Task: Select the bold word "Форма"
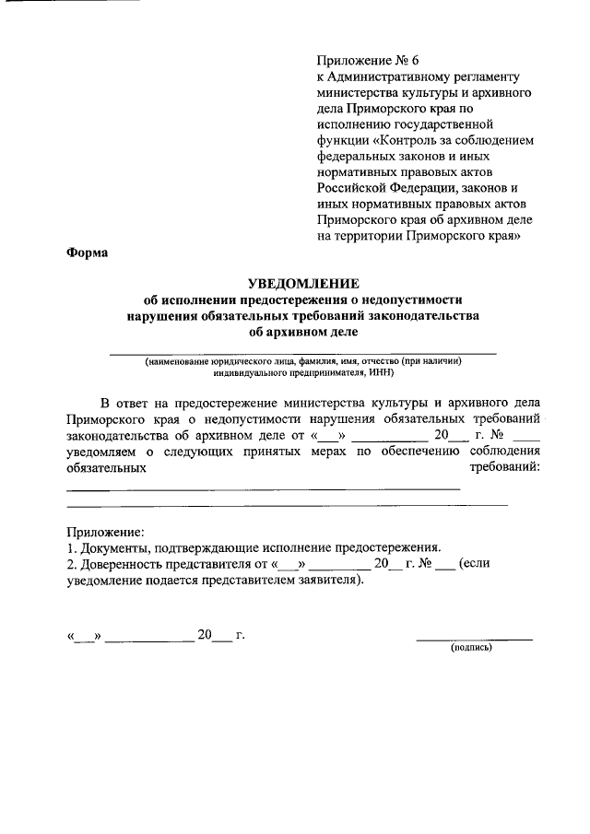coord(88,253)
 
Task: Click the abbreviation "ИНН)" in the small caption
coord(379,374)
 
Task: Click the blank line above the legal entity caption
coord(303,353)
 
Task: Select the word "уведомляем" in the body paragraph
coord(105,451)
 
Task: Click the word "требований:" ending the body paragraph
coord(506,467)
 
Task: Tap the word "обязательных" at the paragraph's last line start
coord(108,467)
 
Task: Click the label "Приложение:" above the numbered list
coord(105,532)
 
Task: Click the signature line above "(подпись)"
coord(474,639)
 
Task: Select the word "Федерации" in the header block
coord(418,188)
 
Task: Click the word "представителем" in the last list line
coord(258,581)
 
